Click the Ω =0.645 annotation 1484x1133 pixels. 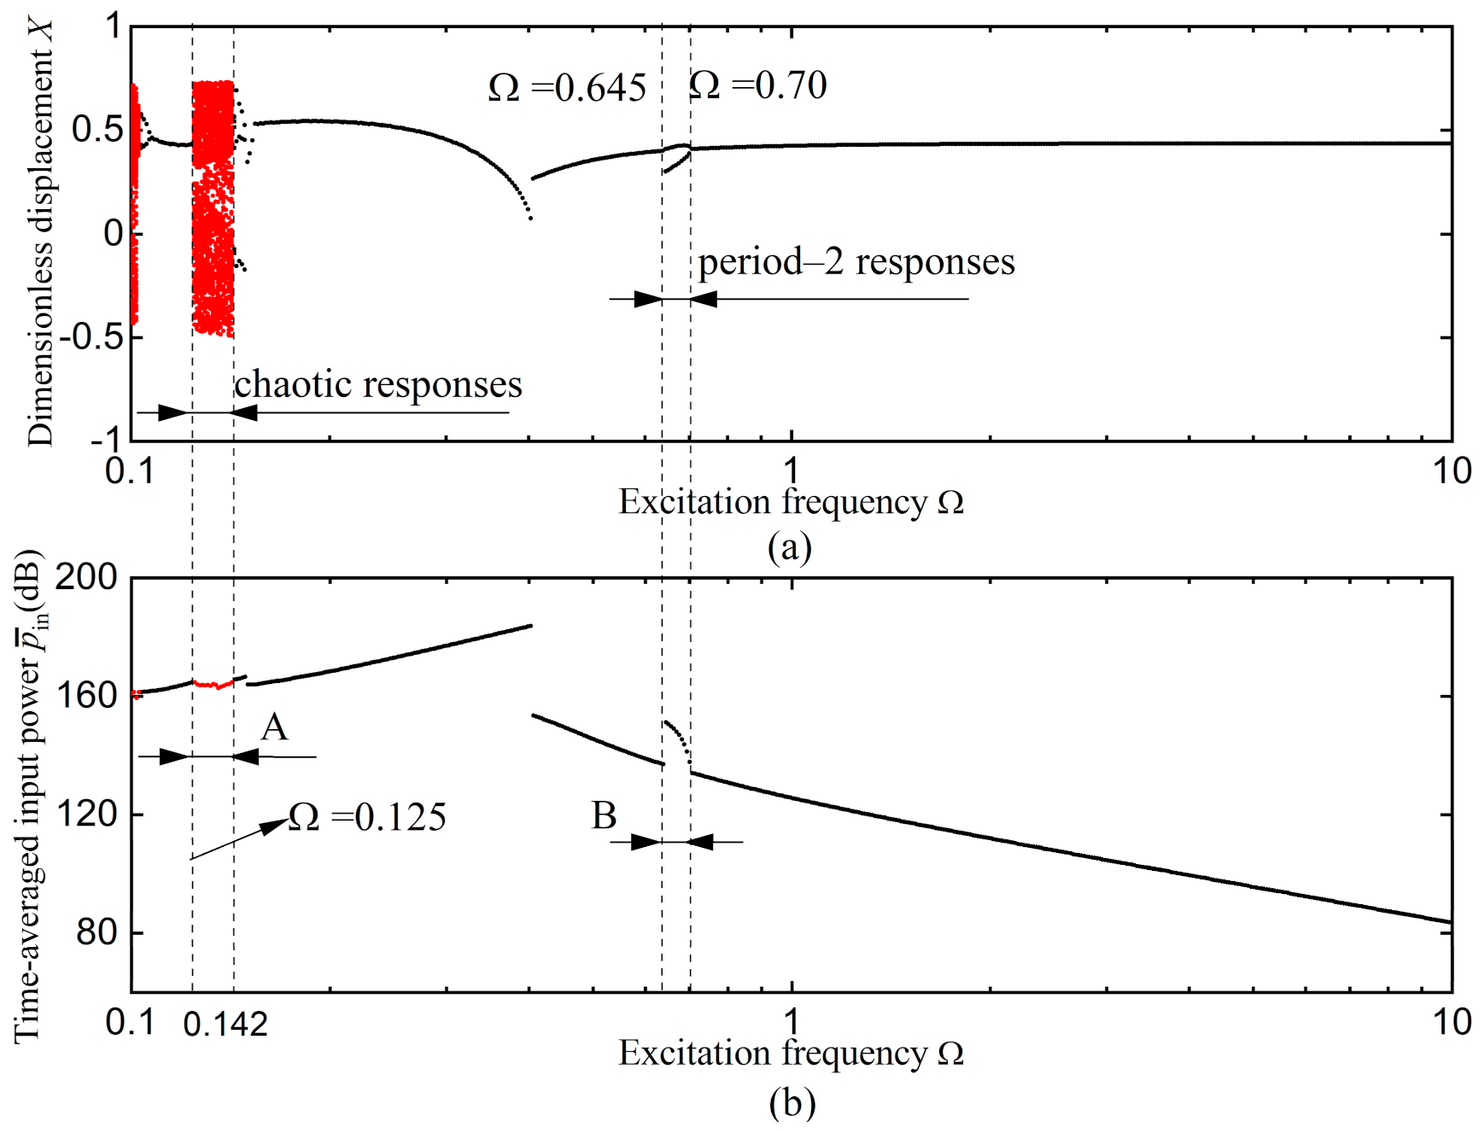567,88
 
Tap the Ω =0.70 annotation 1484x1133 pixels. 757,85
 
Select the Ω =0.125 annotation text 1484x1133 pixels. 367,818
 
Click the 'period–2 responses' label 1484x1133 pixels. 856,262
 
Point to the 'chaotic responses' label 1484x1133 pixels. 378,385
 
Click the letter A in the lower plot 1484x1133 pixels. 274,727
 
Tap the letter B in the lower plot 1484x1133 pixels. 604,816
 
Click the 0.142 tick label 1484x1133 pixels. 225,1024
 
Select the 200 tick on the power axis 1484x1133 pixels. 86,578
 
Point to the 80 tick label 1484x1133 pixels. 96,932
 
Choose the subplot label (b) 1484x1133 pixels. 792,1103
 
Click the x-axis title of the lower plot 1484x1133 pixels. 791,1054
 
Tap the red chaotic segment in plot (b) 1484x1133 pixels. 213,685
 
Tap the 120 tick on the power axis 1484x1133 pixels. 86,814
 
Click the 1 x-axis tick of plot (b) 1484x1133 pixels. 792,1022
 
